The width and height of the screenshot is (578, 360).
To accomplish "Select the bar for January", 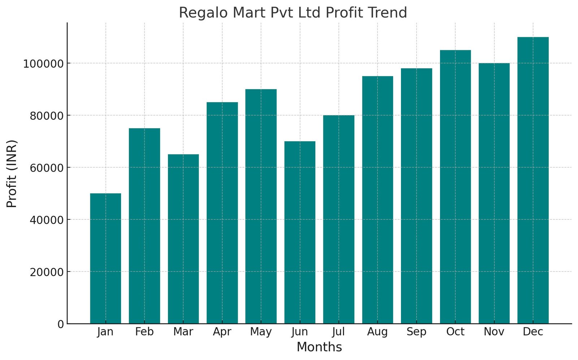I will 105,258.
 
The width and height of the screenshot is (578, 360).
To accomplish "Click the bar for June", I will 300,232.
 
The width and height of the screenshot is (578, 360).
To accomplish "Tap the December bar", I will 533,180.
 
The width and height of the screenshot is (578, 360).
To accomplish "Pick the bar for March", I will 183,239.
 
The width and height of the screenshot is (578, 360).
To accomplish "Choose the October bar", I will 455,187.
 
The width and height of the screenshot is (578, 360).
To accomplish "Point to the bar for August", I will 378,200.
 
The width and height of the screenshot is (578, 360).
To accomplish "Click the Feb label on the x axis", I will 144,332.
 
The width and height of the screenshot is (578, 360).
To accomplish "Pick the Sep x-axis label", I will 416,332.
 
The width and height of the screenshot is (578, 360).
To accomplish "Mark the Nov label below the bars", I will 494,332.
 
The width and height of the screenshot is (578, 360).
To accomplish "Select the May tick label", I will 261,332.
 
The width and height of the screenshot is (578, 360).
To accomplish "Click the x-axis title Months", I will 319,347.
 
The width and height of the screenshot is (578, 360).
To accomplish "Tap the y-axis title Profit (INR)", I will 12,173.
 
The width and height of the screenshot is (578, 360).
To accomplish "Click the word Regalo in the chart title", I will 203,13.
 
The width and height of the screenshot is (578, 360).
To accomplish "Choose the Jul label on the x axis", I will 338,332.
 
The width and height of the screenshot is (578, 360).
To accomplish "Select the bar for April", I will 222,213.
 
